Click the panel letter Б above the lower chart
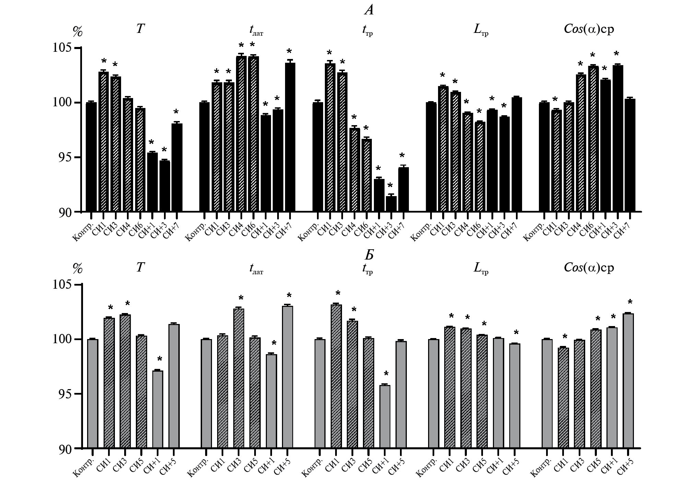pyautogui.click(x=369, y=255)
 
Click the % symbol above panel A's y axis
pyautogui.click(x=78, y=32)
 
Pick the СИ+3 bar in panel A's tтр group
pyautogui.click(x=391, y=204)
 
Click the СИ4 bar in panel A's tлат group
pyautogui.click(x=241, y=134)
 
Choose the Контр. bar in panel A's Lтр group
pyautogui.click(x=431, y=157)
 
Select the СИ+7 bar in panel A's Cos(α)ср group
pyautogui.click(x=630, y=155)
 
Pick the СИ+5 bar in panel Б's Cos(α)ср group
pyautogui.click(x=628, y=381)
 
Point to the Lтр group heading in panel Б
pyautogui.click(x=481, y=268)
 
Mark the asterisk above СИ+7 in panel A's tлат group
pyautogui.click(x=289, y=52)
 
